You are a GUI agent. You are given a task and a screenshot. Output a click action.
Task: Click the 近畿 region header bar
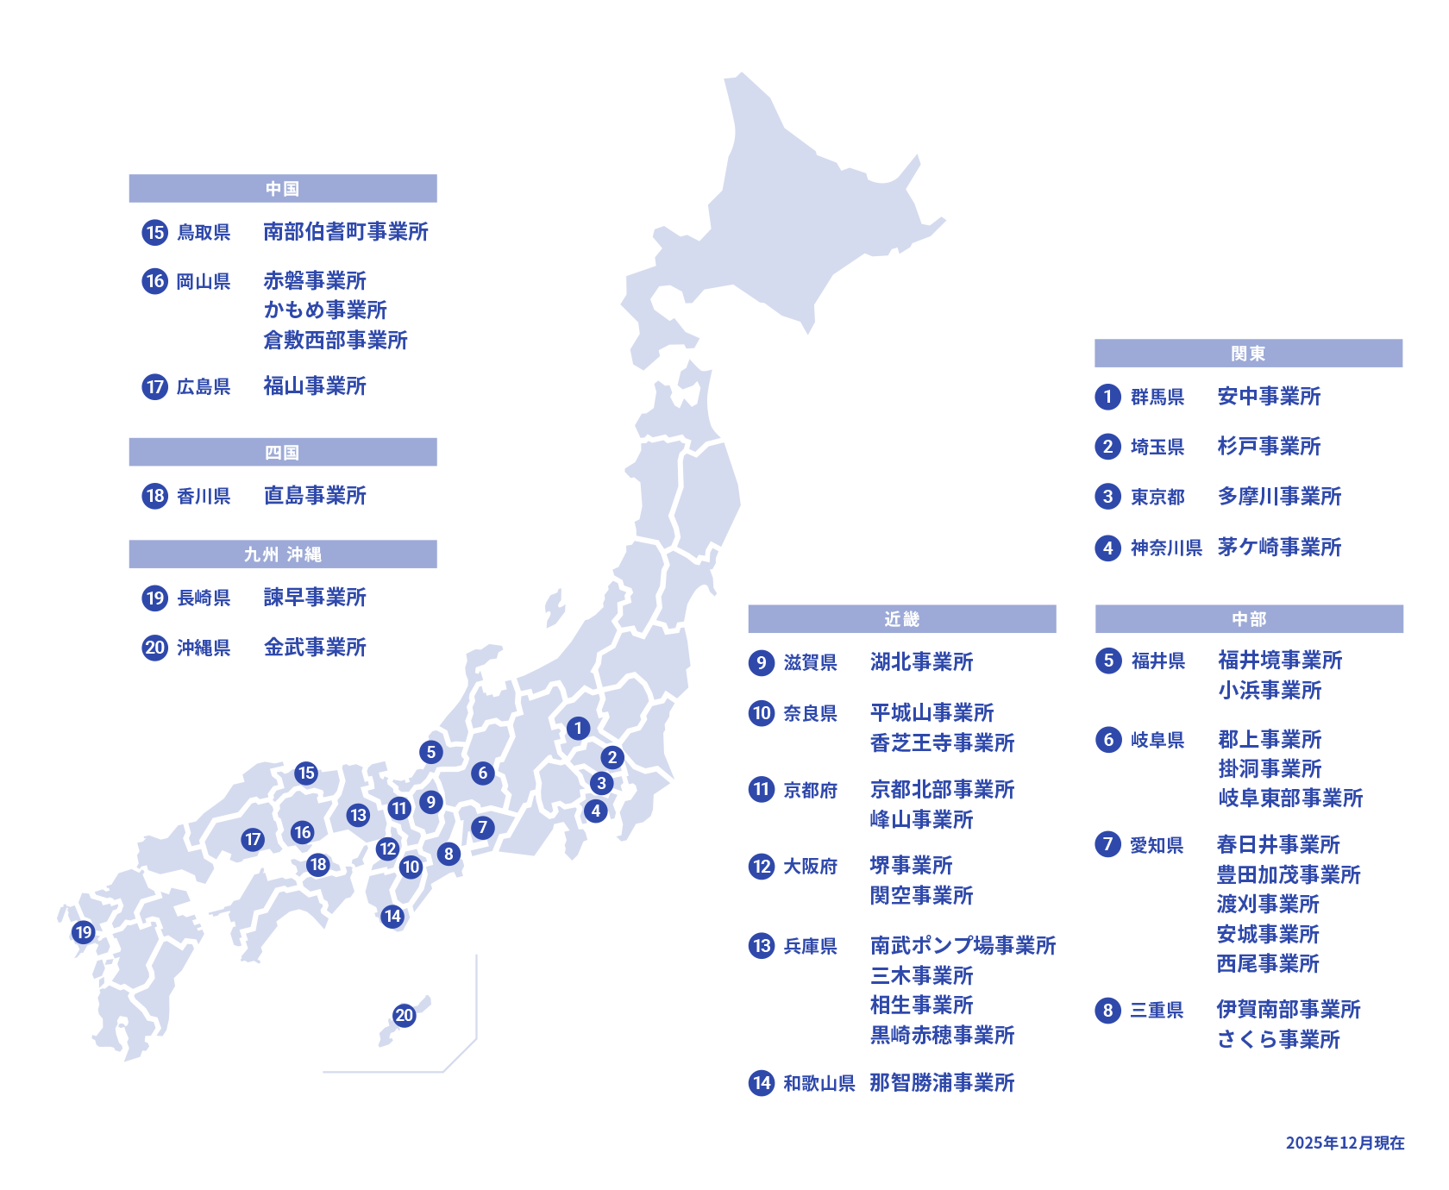pos(901,619)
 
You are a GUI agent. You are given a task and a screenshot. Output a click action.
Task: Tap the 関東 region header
pos(1248,354)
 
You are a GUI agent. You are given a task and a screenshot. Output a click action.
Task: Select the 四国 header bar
pos(282,453)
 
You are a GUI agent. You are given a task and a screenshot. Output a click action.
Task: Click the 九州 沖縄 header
pos(282,554)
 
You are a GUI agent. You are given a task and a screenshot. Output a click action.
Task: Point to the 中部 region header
pos(1248,619)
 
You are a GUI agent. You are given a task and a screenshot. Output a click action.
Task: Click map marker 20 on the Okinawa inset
pos(405,1015)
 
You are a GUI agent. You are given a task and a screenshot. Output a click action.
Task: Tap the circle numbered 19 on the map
pos(83,932)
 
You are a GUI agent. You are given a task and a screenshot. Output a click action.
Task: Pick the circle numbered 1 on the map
pos(578,729)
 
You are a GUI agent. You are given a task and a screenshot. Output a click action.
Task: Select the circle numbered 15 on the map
pos(306,773)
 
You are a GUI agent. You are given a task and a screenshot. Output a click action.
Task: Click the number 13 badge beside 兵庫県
pos(762,946)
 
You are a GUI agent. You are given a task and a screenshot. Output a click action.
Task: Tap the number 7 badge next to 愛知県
pos(1108,844)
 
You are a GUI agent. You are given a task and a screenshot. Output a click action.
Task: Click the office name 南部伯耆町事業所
pos(346,232)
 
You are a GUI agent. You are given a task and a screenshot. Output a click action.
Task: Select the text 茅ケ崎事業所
pos(1279,548)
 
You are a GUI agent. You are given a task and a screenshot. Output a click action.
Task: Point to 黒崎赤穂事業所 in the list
pos(942,1036)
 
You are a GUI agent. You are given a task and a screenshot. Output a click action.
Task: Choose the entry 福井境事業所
pos(1280,661)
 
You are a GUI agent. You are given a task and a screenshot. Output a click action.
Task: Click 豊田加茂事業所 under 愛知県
pos(1288,875)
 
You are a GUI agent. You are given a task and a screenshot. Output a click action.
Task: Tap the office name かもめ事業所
pos(325,310)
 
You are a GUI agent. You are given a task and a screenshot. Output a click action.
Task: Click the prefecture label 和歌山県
pos(819,1084)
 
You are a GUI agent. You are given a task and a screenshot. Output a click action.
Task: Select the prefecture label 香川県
pos(204,497)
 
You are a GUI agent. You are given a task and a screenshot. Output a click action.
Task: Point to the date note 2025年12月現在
pos(1345,1143)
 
